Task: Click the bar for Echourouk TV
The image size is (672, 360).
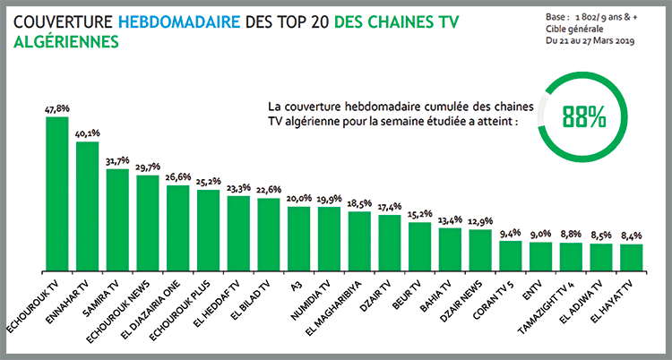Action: coord(56,193)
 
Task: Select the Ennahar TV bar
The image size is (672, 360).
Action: coord(87,206)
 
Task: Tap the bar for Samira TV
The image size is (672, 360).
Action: coord(117,219)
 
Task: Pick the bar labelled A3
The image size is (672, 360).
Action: coord(298,238)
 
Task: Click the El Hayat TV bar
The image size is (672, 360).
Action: coord(632,257)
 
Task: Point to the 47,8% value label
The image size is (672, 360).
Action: coord(56,109)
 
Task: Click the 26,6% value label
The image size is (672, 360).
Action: coord(177,177)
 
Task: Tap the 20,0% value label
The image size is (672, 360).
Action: coord(298,199)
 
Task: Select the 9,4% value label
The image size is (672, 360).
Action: coord(511,233)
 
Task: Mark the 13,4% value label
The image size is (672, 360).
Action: coord(450,219)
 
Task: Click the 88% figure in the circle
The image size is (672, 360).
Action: coord(583,116)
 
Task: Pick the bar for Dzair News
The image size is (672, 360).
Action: coord(480,251)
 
